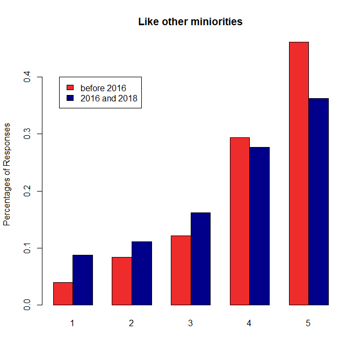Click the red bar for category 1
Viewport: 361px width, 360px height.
point(63,293)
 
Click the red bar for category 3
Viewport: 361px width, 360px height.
point(181,270)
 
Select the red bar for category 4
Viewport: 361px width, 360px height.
point(240,221)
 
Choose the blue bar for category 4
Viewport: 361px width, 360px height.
point(259,226)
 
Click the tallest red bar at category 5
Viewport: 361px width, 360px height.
point(299,173)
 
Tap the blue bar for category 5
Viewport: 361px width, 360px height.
point(319,202)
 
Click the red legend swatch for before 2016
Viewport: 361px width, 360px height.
point(69,87)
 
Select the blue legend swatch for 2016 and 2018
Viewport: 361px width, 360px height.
point(69,98)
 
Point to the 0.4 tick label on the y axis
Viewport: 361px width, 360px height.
point(26,77)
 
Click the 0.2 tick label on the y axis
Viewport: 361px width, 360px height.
point(26,191)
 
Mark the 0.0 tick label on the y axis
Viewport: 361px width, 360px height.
point(26,305)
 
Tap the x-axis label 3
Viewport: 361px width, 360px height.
point(190,324)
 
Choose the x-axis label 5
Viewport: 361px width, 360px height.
point(308,324)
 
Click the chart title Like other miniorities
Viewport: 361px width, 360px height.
point(190,22)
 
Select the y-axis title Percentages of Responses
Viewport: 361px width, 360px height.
point(8,174)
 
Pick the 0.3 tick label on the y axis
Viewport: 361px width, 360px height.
point(26,134)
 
